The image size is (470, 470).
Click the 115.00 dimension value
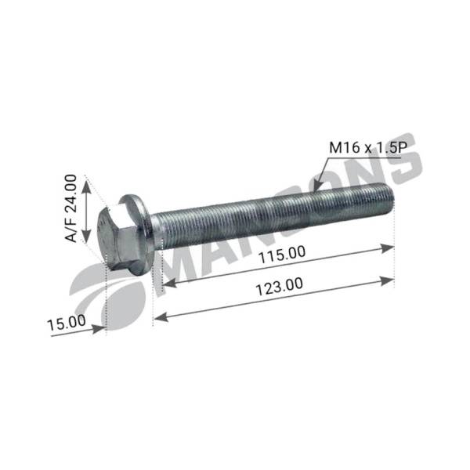pos(282,255)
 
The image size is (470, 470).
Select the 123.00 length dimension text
pos(279,287)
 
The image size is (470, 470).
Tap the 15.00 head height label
pos(67,323)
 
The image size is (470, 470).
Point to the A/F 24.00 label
pos(70,208)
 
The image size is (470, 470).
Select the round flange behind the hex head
pos(138,233)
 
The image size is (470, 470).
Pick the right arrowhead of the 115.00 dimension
pos(387,249)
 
